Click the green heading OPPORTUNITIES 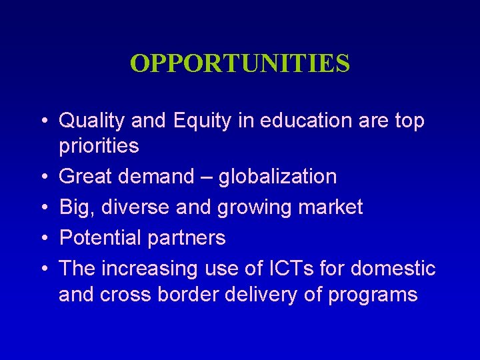(x=240, y=63)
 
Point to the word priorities (x=99, y=146)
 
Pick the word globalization (x=277, y=177)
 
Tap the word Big (x=74, y=207)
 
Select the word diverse (x=133, y=207)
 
